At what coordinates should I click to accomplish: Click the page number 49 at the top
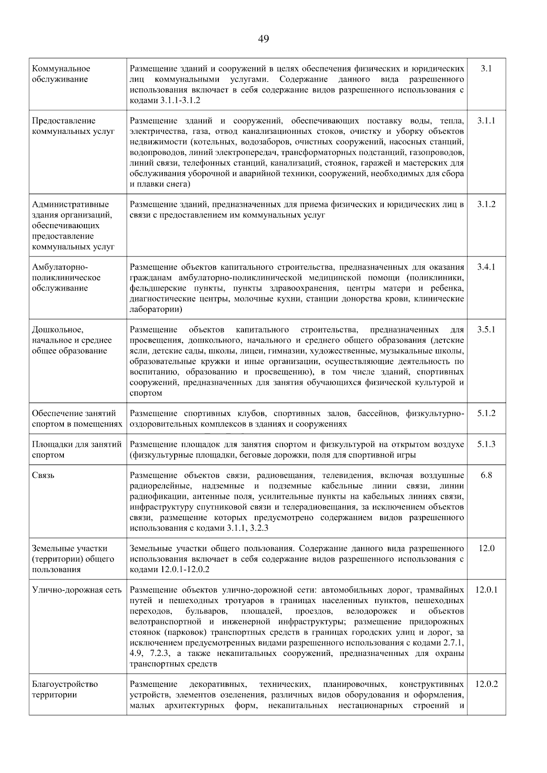(x=263, y=39)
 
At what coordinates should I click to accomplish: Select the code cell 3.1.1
(x=486, y=121)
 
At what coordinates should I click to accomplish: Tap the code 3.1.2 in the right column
(x=486, y=204)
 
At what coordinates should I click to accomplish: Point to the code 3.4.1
(x=486, y=267)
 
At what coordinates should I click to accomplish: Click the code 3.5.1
(x=486, y=329)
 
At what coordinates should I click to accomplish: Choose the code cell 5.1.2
(x=486, y=413)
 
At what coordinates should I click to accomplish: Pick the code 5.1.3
(x=486, y=444)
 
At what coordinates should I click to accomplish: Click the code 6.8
(x=486, y=475)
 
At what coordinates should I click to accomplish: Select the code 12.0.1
(x=486, y=590)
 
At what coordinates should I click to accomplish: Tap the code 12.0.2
(x=486, y=684)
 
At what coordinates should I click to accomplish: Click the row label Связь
(x=43, y=475)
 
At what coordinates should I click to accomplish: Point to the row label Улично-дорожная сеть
(x=77, y=590)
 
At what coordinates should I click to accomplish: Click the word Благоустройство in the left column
(x=65, y=684)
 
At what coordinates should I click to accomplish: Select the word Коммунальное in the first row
(x=61, y=69)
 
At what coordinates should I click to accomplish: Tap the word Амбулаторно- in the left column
(x=60, y=267)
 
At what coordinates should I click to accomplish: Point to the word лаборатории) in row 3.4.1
(x=156, y=309)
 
